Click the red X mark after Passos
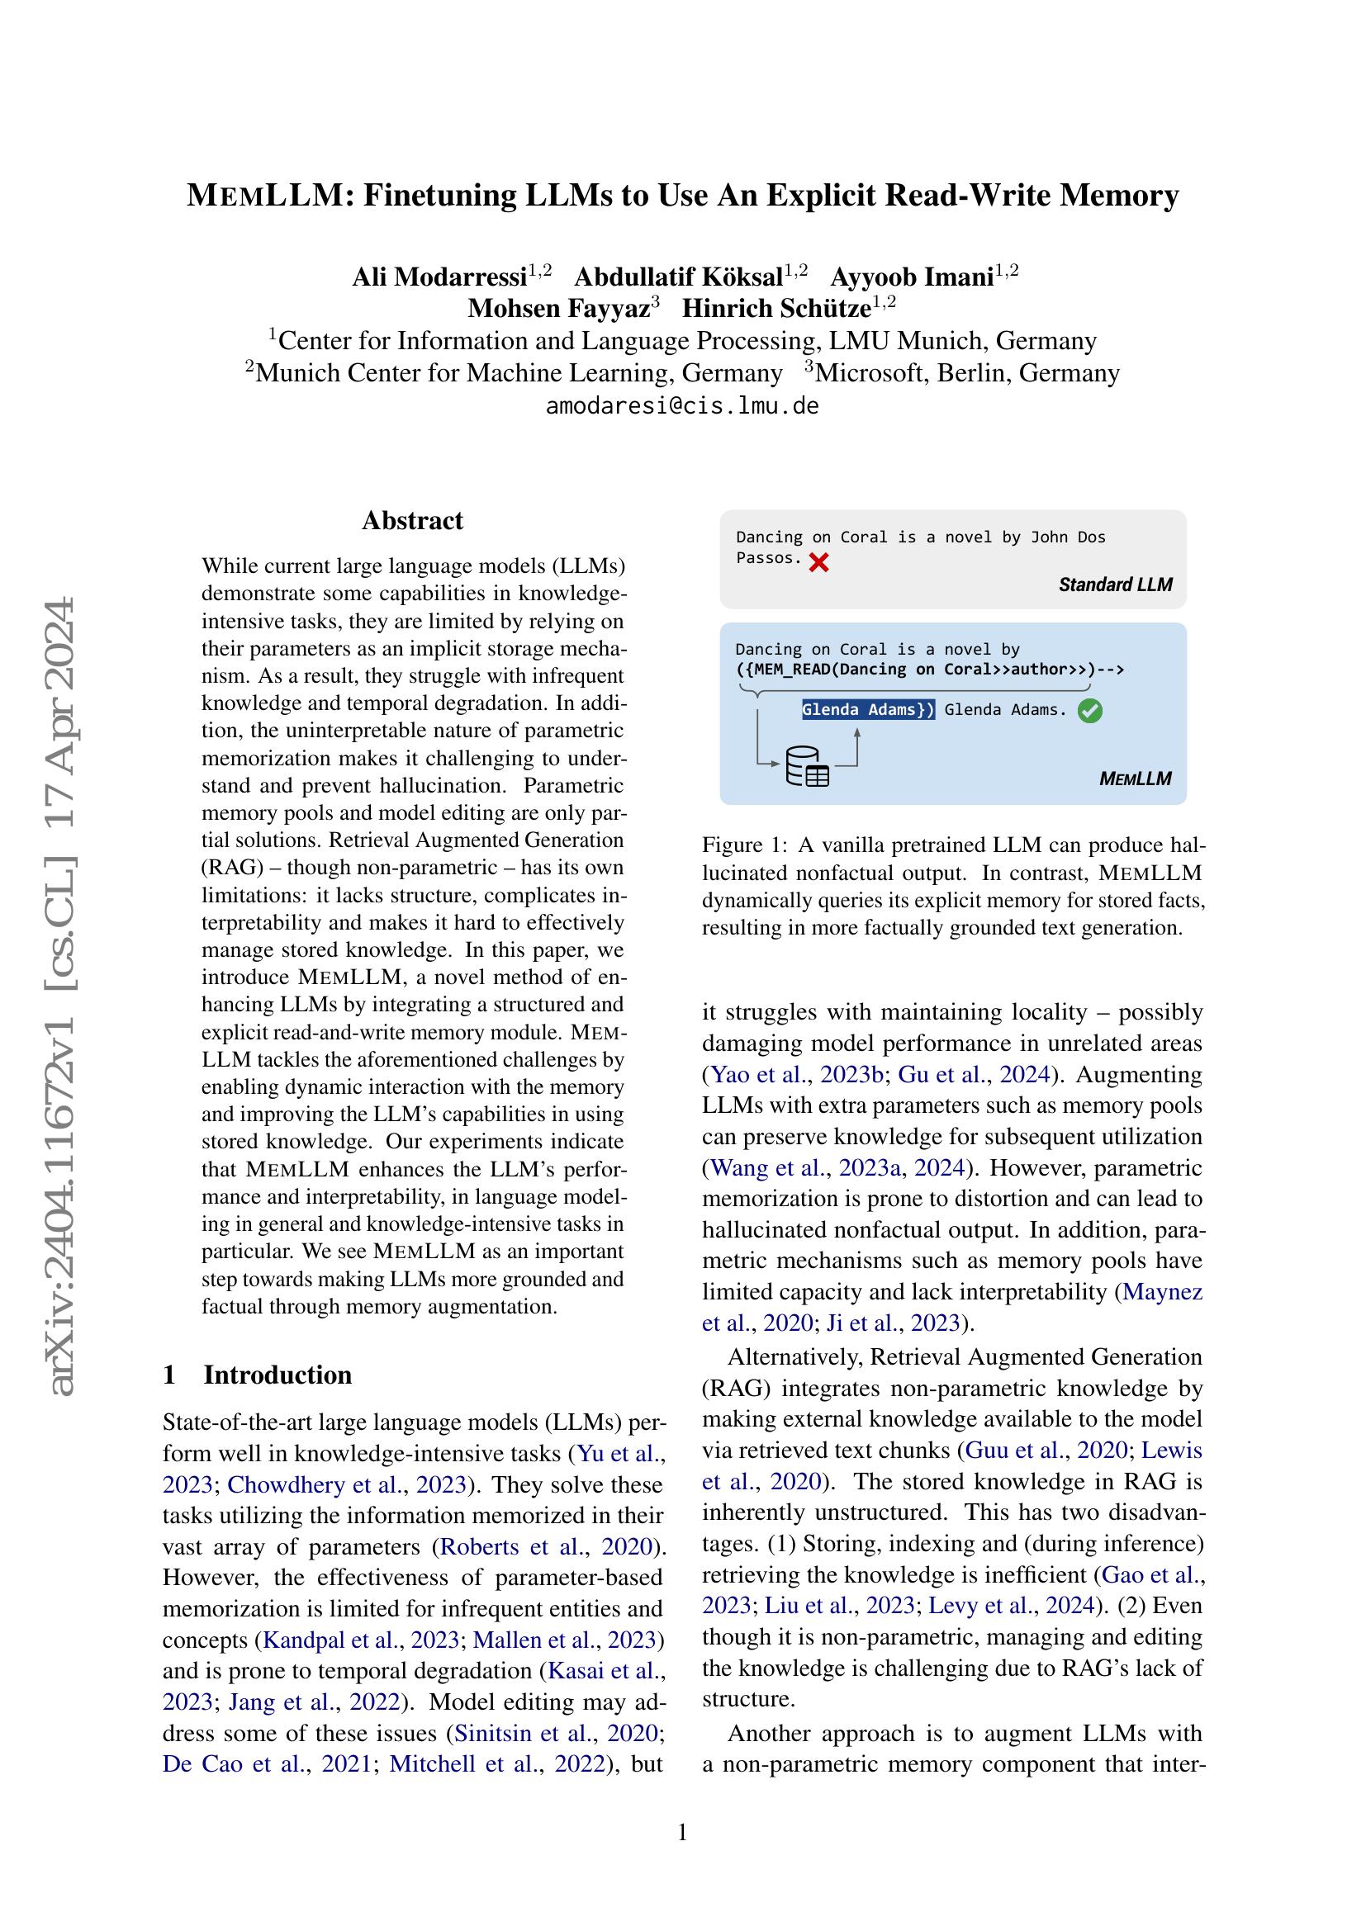pos(818,563)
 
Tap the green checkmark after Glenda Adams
pos(1089,711)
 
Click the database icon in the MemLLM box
pos(807,766)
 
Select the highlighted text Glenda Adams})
pos(867,710)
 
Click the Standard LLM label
pos(1114,585)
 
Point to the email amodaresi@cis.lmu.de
pos(682,406)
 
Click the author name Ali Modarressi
pos(439,277)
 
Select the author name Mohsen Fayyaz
pos(558,309)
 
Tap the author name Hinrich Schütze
pos(775,309)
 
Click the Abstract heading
pos(412,521)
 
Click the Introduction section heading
pos(277,1375)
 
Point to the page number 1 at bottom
pos(682,1831)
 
